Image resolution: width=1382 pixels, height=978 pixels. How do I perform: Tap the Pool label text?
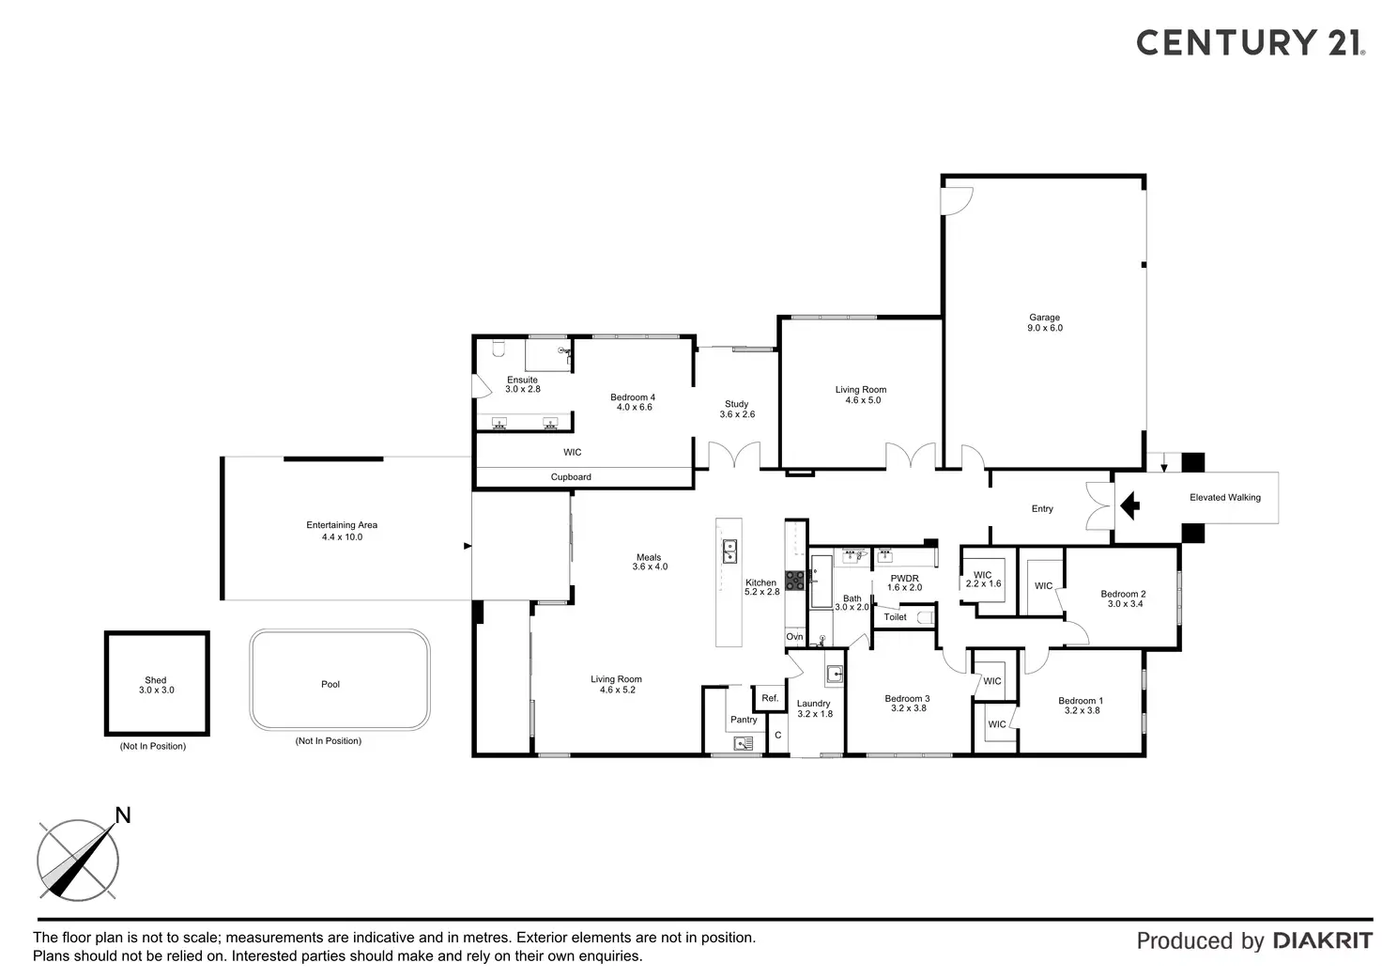click(330, 684)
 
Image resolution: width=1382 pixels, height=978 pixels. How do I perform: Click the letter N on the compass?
click(122, 815)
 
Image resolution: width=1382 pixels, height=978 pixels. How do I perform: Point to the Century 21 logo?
click(1250, 42)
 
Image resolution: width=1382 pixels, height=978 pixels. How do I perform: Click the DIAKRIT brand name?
click(1322, 940)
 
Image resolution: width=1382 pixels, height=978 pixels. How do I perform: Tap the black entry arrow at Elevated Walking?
click(1130, 507)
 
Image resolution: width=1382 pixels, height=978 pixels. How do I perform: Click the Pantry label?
click(744, 720)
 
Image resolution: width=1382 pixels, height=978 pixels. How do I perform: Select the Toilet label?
click(896, 617)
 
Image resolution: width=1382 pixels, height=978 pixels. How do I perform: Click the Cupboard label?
click(571, 477)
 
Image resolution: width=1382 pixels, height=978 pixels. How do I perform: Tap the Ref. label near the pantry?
click(770, 698)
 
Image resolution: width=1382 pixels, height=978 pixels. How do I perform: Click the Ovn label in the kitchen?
click(794, 637)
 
